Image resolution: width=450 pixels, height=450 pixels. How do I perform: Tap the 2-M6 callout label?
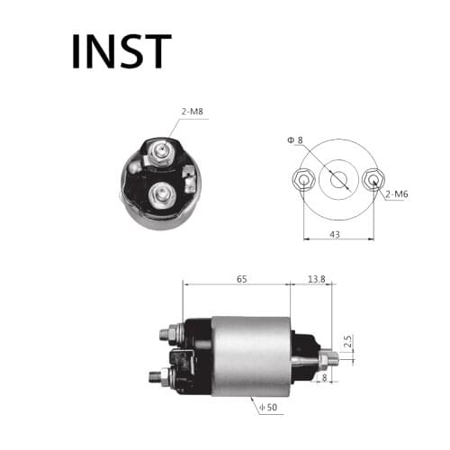398,194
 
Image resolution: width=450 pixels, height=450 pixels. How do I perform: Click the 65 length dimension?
241,280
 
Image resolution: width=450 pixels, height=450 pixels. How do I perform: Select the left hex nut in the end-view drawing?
304,180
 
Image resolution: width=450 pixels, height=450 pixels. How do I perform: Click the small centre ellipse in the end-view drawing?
337,180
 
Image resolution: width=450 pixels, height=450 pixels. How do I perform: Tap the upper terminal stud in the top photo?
160,152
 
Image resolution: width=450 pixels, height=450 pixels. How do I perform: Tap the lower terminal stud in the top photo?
163,192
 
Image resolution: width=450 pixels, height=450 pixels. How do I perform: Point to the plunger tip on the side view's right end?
332,360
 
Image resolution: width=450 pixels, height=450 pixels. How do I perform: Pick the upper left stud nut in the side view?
167,334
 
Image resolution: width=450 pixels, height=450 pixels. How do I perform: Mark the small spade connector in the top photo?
189,176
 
